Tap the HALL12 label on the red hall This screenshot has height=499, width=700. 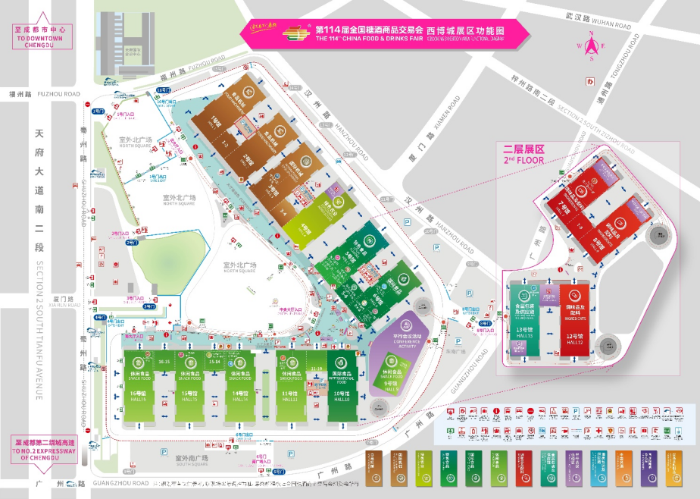point(573,343)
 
